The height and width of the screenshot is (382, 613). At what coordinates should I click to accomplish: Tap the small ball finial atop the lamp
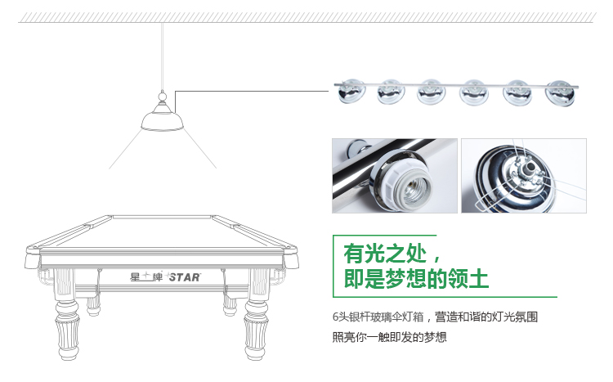click(163, 96)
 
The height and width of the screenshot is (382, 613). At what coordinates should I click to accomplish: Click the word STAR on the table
click(185, 277)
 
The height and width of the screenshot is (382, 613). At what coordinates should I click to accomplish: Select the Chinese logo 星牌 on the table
click(146, 276)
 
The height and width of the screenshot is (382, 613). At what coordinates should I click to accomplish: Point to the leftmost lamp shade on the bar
click(351, 92)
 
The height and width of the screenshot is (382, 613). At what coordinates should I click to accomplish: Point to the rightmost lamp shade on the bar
click(561, 93)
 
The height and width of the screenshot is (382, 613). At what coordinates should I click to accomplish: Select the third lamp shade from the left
click(432, 92)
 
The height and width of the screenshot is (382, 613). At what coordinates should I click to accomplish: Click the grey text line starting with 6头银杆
click(435, 317)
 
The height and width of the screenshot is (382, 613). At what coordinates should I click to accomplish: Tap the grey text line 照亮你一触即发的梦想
click(389, 337)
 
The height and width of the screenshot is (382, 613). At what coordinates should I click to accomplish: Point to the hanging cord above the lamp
click(163, 56)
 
